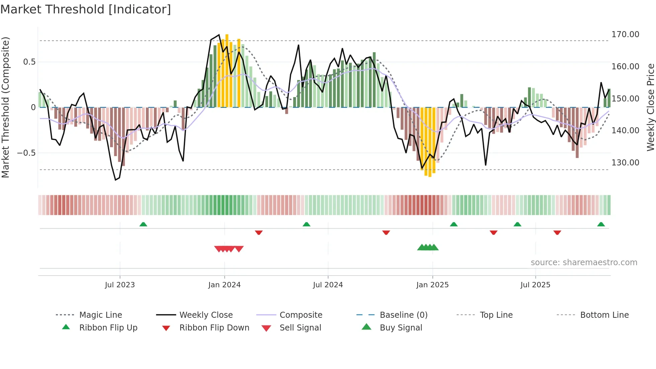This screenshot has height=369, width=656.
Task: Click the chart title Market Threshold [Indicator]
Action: (x=86, y=9)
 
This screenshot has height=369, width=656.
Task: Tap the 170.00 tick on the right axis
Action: (x=625, y=34)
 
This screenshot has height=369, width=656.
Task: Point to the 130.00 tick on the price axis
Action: (x=625, y=163)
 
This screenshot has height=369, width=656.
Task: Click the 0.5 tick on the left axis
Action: (x=29, y=62)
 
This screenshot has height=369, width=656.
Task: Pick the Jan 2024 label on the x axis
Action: (x=224, y=285)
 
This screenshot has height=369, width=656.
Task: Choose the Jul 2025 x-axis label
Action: (x=535, y=285)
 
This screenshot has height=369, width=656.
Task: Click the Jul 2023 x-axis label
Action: (x=120, y=285)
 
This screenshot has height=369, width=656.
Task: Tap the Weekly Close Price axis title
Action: (x=650, y=107)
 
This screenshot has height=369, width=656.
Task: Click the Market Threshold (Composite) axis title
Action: (x=5, y=107)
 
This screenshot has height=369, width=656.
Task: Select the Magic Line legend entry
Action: (x=100, y=315)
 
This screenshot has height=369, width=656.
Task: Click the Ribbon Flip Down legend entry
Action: (x=214, y=328)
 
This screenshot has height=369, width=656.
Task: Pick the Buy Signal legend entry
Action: (x=401, y=328)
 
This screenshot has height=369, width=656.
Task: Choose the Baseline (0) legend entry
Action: (x=403, y=315)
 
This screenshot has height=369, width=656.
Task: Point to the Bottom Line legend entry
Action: (x=604, y=315)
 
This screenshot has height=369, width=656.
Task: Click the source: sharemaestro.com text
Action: (x=584, y=263)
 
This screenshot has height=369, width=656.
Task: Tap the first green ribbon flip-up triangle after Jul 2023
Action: (x=143, y=224)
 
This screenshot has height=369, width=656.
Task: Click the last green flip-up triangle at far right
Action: (x=601, y=224)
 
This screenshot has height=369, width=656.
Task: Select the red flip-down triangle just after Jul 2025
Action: (x=557, y=232)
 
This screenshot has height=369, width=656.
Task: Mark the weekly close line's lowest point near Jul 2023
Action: (x=115, y=180)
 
